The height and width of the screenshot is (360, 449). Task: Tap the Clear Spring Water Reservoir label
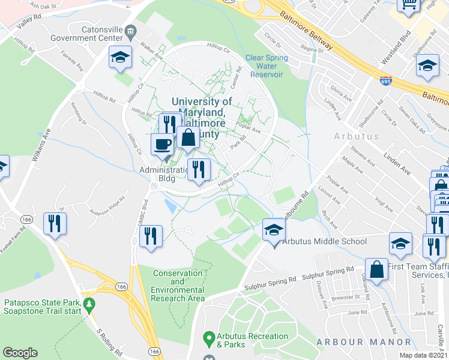(267, 66)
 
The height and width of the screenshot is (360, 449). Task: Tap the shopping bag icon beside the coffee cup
(188, 137)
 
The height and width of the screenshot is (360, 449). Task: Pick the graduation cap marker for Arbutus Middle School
(273, 230)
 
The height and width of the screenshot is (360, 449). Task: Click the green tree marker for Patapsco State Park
(89, 305)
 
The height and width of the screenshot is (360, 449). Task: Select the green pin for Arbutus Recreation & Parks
(209, 337)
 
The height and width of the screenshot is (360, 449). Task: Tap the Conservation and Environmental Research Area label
(179, 286)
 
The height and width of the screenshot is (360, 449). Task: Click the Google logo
(20, 353)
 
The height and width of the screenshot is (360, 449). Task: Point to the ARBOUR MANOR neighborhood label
(355, 342)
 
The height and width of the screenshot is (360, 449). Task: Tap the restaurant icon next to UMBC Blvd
(151, 235)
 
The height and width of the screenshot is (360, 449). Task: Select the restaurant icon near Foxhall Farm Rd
(55, 223)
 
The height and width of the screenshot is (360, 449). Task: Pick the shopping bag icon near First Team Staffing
(378, 269)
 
